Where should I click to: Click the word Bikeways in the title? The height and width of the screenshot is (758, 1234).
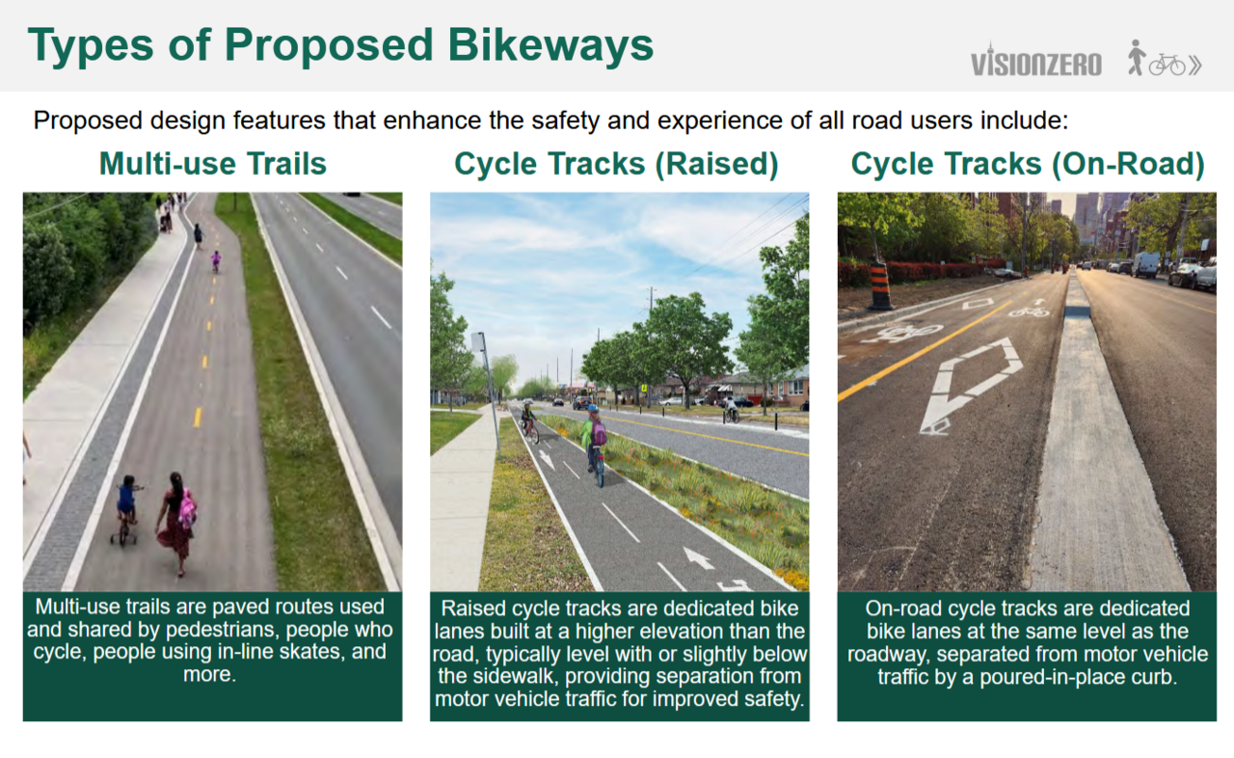pos(550,45)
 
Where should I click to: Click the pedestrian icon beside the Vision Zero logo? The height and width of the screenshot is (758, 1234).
pos(1136,57)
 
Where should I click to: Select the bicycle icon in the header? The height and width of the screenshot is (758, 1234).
pos(1167,65)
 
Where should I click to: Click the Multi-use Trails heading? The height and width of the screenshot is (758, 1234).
pos(213,164)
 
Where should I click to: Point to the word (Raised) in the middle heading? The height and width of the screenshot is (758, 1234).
pos(716,164)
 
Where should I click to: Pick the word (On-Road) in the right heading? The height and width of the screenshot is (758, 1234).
pos(1128,164)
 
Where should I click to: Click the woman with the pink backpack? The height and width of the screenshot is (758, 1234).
pos(177,524)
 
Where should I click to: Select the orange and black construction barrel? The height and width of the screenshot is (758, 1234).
pos(880,285)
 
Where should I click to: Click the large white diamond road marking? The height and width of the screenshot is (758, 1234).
pos(971,385)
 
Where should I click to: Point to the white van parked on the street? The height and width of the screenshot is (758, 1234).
pos(1145,264)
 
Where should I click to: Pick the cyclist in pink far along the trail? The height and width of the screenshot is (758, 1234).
pos(215,260)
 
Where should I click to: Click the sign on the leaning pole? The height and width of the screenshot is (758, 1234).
pos(478,341)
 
